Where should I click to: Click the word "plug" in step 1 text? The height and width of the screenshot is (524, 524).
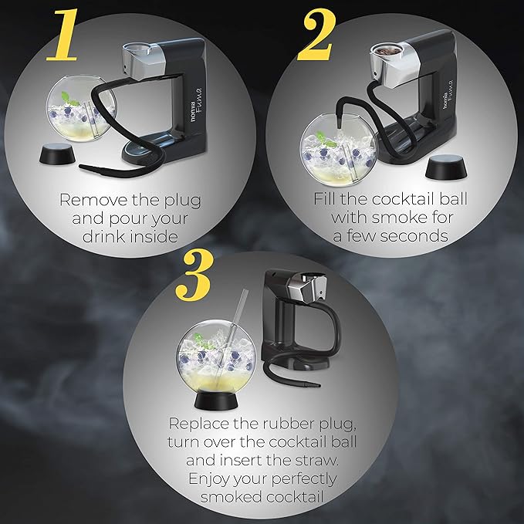click(183, 201)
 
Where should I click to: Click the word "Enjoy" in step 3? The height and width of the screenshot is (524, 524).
click(209, 479)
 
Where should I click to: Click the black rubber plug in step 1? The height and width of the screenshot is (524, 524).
click(57, 154)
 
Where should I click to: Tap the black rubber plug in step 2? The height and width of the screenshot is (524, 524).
click(446, 167)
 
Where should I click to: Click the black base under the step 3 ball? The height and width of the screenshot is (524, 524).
click(216, 399)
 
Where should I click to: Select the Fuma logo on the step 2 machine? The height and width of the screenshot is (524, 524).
click(447, 95)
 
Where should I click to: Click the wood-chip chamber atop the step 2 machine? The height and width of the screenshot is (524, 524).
click(387, 51)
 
